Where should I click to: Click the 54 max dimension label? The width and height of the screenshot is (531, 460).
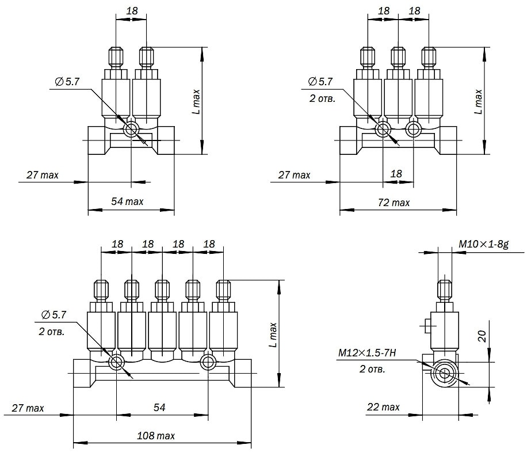coord(127,202)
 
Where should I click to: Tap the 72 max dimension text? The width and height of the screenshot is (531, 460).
coord(394,203)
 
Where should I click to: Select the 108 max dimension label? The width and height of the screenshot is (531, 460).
coord(156,436)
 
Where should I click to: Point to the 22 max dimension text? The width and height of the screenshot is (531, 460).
coord(383,407)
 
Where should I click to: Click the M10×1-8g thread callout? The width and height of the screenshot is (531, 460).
coord(484,244)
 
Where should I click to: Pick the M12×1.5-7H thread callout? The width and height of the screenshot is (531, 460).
coord(367,353)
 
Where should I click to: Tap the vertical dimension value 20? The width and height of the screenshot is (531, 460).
coord(482,336)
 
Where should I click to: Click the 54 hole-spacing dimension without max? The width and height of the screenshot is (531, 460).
coord(159,407)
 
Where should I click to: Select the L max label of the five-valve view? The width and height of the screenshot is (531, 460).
coord(273,335)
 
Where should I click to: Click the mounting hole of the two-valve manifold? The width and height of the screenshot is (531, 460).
coord(131,130)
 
